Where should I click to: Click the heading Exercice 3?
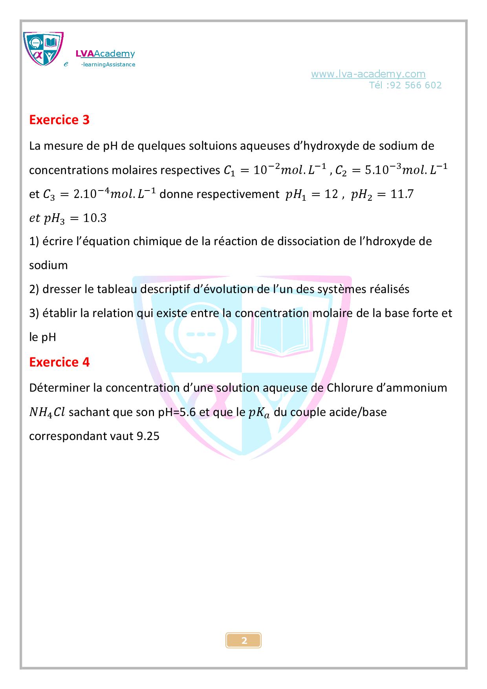tap(59, 120)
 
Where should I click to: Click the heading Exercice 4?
tap(59, 362)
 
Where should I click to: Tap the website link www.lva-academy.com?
tap(368, 74)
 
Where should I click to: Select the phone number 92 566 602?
tap(416, 85)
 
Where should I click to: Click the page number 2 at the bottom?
tap(244, 641)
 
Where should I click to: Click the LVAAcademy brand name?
tap(105, 54)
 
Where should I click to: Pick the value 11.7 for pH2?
tap(402, 194)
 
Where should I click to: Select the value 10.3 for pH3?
tap(95, 218)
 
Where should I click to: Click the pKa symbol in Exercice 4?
tap(259, 412)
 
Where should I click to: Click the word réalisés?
tap(390, 289)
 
